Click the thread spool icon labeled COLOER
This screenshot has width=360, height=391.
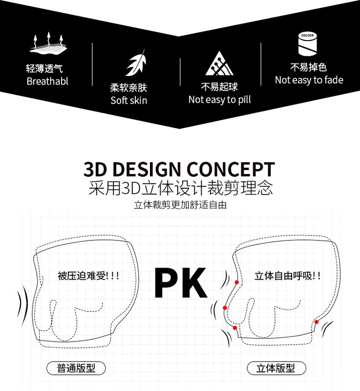tap(308, 44)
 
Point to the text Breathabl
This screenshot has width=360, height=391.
tap(47, 81)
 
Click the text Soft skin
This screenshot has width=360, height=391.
tap(128, 101)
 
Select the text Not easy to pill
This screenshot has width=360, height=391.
tap(219, 100)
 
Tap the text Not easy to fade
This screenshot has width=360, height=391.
tap(309, 80)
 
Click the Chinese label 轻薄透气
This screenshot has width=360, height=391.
tap(44, 69)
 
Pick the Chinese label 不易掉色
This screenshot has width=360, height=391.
tap(308, 67)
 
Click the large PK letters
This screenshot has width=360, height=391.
tap(180, 283)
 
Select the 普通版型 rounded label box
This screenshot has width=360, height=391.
tap(76, 368)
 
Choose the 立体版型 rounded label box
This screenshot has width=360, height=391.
tap(276, 368)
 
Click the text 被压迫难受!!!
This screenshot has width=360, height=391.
tap(88, 276)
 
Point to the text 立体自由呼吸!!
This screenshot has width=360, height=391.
tap(288, 276)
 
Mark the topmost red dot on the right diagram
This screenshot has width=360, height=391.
tap(236, 282)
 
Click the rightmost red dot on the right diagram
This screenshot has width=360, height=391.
tap(317, 322)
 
